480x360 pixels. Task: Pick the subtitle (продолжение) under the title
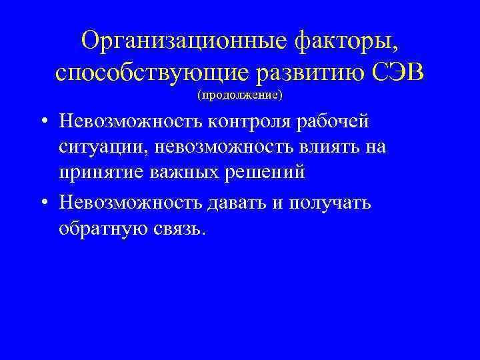pyautogui.click(x=240, y=95)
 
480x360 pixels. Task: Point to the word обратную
pyautogui.click(x=101, y=228)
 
